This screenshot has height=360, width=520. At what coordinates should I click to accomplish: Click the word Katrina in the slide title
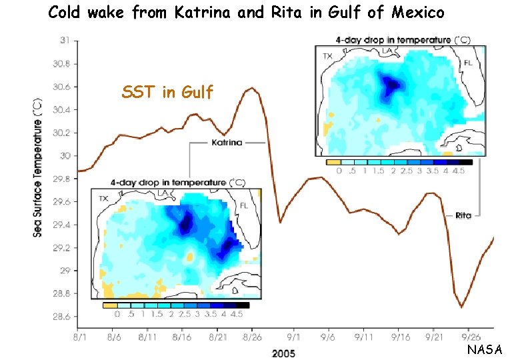point(207,12)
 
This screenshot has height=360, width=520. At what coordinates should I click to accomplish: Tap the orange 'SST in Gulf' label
point(167,93)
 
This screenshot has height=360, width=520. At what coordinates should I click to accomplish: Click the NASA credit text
point(485,349)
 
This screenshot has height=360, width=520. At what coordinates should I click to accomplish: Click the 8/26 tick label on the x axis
point(253,339)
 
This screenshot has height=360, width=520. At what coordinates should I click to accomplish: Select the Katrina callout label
point(227,142)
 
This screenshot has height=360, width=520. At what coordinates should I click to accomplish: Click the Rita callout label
point(463,215)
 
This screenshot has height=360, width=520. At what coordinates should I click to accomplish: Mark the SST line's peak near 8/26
point(251,88)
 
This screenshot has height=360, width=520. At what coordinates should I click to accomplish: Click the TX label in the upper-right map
point(327,57)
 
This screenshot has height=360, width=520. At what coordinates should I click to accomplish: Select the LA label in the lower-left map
point(162,194)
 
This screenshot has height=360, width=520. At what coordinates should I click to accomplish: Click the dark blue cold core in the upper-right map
point(391,84)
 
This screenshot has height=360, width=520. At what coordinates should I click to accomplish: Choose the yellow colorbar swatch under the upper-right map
point(333,162)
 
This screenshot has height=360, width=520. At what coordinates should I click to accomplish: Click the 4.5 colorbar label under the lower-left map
point(236,314)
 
